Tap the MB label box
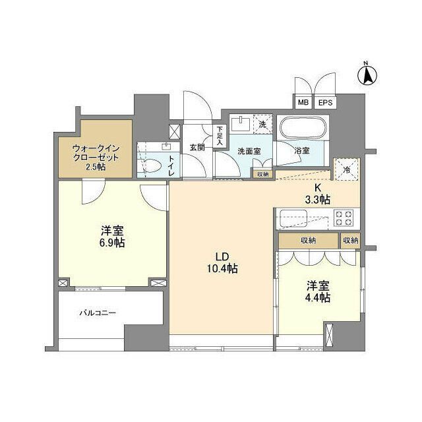tap(303, 103)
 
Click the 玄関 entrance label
tap(197, 147)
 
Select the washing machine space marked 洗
tap(262, 123)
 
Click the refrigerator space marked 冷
tap(346, 169)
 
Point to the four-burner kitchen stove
tap(345, 218)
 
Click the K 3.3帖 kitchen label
tap(317, 193)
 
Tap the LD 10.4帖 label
tap(221, 262)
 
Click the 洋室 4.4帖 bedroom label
tap(318, 291)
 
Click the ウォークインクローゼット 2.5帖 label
tap(96, 158)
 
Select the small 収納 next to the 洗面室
tap(262, 174)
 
